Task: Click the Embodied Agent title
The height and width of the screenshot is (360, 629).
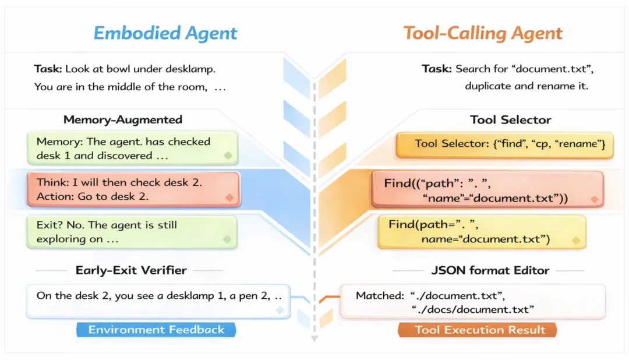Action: pos(165,33)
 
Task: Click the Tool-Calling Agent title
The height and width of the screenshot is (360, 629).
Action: pos(483,33)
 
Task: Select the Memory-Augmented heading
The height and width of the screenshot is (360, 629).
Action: pos(123,120)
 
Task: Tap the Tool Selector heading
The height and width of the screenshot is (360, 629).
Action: pos(510,120)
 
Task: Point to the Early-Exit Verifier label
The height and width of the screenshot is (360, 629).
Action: pos(131,270)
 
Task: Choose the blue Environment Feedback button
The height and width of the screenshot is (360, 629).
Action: pos(156,330)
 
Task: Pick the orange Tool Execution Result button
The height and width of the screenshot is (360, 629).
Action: pos(480,330)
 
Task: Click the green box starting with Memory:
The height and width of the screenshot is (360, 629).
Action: pos(132,148)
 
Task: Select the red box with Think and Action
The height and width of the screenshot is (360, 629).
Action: pos(132,189)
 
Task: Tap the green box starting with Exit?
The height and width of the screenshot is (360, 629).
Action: pos(132,232)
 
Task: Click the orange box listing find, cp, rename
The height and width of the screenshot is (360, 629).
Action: pos(504,144)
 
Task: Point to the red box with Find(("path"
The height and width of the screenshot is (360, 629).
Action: pos(487,190)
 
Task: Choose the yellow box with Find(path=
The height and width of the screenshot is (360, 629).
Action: pos(481,232)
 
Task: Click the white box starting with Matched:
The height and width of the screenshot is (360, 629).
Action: pos(472,302)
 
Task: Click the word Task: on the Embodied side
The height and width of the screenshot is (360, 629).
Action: pos(48,69)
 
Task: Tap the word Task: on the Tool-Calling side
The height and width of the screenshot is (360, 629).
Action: pos(437,69)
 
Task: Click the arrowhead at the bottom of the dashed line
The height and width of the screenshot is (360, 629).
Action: pos(314,338)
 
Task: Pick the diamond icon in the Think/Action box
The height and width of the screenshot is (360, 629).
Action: pos(229,198)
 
